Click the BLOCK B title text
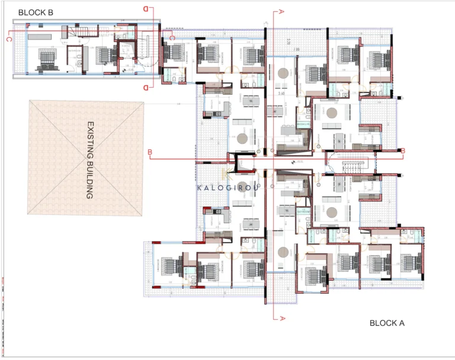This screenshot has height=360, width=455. click(36, 12)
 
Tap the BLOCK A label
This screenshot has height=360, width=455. click(386, 323)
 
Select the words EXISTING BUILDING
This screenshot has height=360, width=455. click(90, 159)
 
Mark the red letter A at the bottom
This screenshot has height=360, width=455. click(282, 318)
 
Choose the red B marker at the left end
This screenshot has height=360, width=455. click(150, 152)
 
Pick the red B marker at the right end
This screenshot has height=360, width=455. click(403, 151)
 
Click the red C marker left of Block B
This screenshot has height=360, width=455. click(9, 40)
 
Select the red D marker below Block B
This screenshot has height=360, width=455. click(146, 87)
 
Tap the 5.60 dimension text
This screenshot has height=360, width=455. click(283, 94)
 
